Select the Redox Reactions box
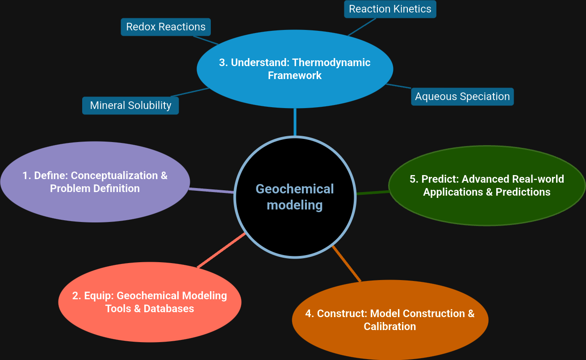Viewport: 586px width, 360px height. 166,27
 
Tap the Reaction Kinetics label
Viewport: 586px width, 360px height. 390,9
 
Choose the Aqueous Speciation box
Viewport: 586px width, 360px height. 462,96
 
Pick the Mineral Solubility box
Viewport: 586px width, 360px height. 130,105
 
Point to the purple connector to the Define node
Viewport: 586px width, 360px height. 212,191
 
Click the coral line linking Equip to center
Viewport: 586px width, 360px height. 221,251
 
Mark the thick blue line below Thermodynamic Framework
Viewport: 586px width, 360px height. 295,121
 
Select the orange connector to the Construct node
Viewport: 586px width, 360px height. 347,264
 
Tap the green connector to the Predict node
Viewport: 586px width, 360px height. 373,193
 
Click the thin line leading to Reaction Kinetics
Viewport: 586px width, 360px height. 362,27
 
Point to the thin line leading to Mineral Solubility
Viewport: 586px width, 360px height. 190,92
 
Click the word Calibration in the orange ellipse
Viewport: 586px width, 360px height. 390,327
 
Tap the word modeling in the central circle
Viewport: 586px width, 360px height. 295,205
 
